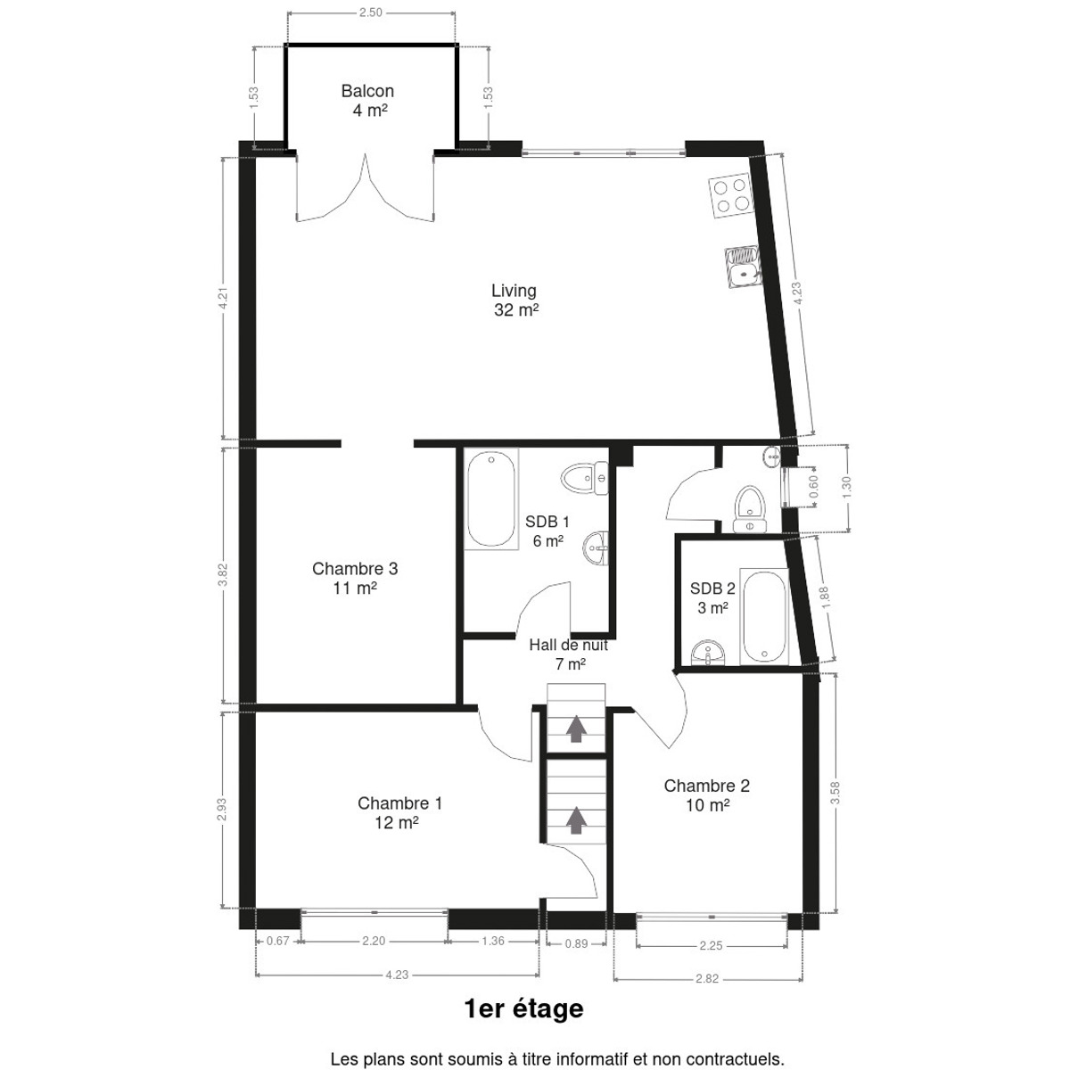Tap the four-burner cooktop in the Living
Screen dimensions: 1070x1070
(x=731, y=195)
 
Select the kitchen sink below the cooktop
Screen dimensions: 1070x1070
(x=743, y=267)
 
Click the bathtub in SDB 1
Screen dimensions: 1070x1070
(x=490, y=499)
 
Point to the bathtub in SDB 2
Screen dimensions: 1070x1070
(x=764, y=617)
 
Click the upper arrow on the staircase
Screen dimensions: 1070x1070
(x=576, y=729)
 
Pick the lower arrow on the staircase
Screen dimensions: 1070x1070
(x=576, y=819)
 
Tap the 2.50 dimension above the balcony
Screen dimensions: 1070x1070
(x=370, y=12)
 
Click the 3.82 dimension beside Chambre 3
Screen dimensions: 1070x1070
(x=223, y=575)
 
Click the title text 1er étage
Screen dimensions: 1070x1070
(x=523, y=1008)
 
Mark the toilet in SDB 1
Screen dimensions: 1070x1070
(x=585, y=478)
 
